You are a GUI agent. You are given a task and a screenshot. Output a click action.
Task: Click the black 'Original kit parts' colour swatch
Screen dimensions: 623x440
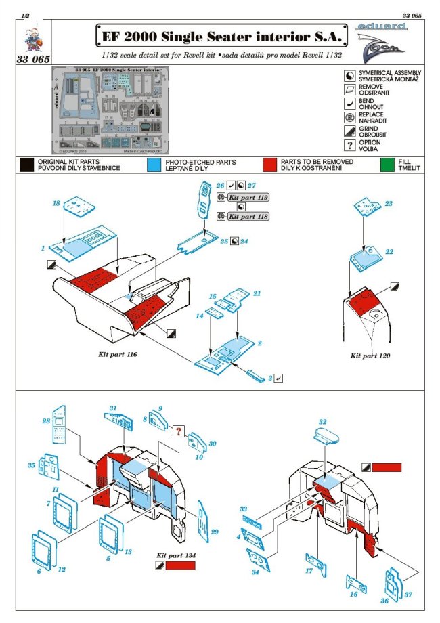pos(27,165)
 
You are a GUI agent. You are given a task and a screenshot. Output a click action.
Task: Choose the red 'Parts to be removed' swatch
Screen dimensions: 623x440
pos(271,165)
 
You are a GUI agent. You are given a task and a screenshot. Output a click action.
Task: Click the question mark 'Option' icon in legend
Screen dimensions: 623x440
pos(349,146)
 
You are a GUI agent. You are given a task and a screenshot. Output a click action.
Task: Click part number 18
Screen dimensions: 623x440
pos(57,202)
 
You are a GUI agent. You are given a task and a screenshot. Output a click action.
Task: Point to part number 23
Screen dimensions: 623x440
pos(389,202)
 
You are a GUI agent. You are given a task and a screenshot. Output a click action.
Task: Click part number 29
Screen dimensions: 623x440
pos(215,532)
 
